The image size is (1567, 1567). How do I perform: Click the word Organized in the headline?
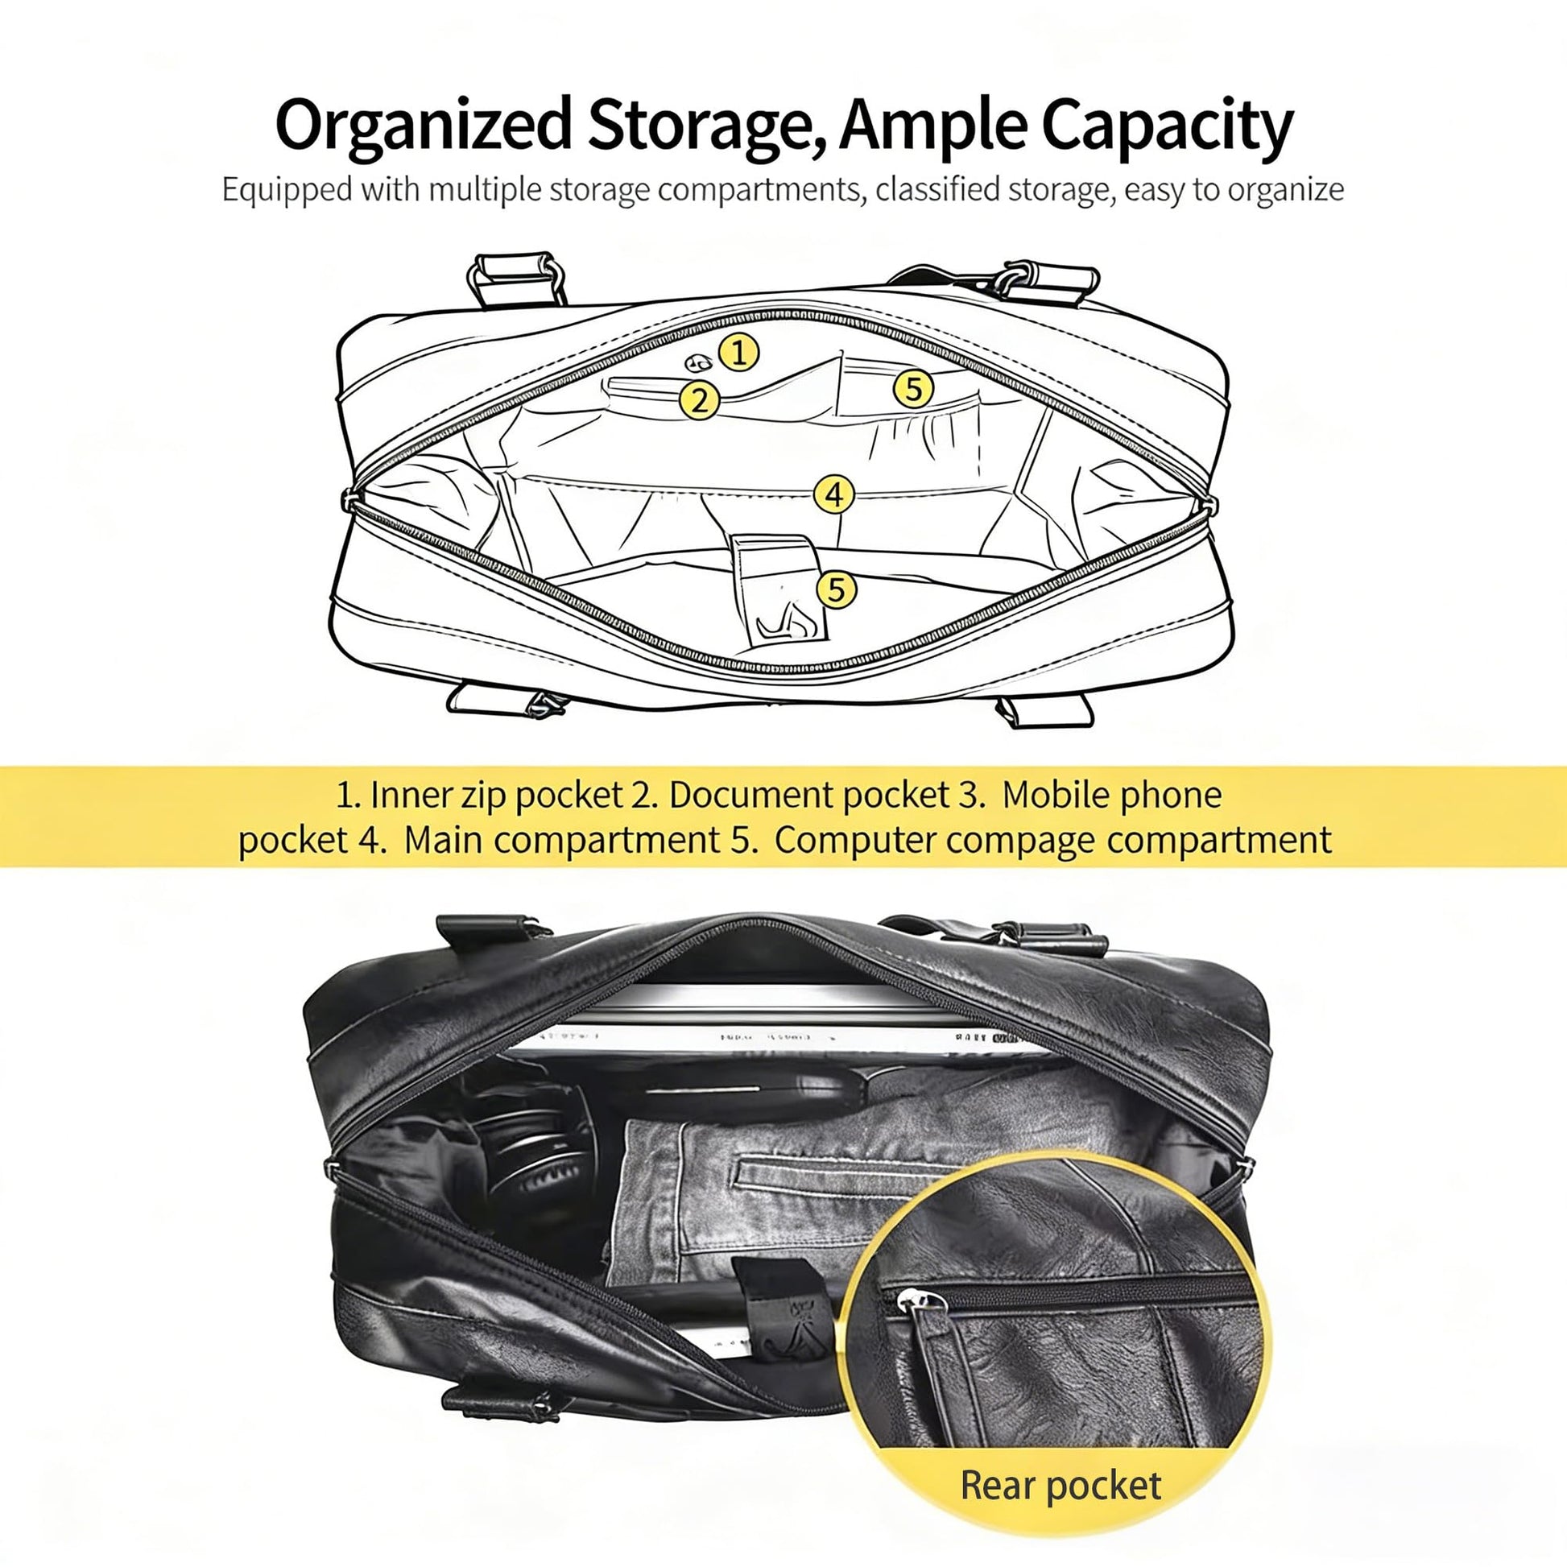tap(424, 126)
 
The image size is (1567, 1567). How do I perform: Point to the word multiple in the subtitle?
tap(486, 190)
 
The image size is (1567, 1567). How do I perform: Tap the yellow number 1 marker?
tap(739, 353)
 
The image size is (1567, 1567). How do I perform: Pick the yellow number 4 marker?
tap(834, 494)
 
